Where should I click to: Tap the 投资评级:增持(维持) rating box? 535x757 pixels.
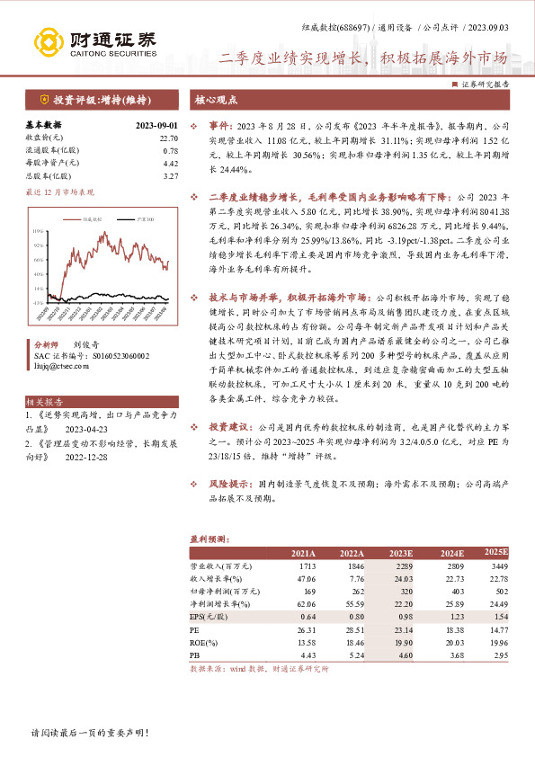[x=99, y=100]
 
